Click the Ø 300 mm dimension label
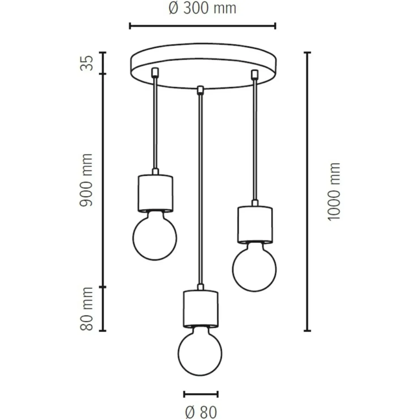pos(202,8)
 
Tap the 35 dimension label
pos(87,63)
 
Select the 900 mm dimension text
pos(86,180)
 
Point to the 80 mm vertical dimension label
pos(86,309)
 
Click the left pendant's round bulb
pos(155,236)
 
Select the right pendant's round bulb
pos(254,267)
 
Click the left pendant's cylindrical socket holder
pos(155,193)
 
